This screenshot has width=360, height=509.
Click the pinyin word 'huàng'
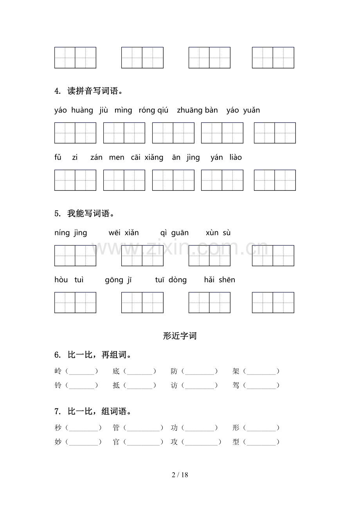point(82,111)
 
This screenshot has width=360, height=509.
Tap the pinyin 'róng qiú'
point(153,111)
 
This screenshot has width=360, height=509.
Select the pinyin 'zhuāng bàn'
point(197,111)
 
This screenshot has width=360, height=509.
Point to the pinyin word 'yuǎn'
point(251,111)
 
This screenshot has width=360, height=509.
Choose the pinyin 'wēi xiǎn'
point(124,233)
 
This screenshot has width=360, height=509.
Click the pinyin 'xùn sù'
point(218,233)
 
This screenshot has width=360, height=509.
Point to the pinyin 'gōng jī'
point(119,280)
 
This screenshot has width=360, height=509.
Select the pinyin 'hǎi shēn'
point(220,280)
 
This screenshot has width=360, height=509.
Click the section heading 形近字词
point(180,336)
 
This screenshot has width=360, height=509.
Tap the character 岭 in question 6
point(58,371)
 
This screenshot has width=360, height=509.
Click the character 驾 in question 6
point(236,385)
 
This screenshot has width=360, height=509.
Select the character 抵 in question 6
point(116,385)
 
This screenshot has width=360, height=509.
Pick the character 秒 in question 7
point(58,428)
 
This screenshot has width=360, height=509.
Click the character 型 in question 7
point(236,442)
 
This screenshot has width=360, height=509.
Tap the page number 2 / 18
point(180,475)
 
